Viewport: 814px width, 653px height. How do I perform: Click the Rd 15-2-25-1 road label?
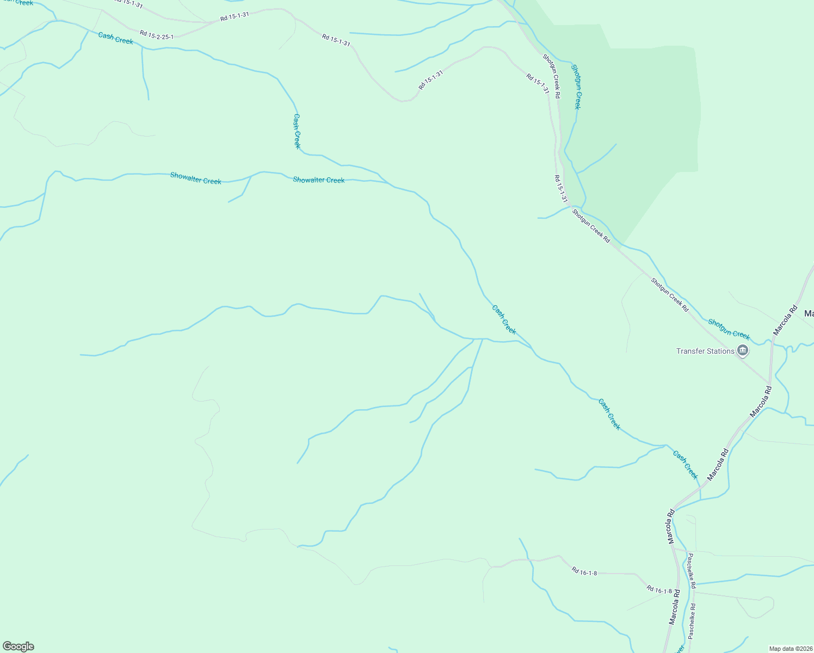point(156,35)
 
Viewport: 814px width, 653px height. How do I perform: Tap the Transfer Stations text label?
point(705,352)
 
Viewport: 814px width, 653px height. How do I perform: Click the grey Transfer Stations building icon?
point(743,350)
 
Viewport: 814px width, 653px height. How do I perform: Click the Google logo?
point(18,646)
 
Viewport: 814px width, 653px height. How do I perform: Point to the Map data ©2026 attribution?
point(790,649)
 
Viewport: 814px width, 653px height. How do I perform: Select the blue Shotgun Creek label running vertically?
point(576,87)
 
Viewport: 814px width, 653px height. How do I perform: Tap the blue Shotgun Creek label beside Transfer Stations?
point(729,329)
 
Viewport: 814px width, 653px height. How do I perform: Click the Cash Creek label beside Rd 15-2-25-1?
point(115,38)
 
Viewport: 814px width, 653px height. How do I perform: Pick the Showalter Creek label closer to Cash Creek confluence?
point(318,180)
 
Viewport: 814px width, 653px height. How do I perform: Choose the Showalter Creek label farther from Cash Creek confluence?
point(195,178)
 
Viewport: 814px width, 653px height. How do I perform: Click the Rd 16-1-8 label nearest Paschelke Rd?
point(659,589)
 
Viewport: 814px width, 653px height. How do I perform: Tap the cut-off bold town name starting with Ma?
point(809,313)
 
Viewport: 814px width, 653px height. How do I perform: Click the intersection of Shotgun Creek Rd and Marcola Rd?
point(769,382)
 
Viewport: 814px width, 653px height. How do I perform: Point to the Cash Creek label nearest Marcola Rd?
point(685,464)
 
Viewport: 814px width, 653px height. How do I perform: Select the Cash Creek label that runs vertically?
point(297,131)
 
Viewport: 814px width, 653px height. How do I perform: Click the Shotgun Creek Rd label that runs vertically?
point(551,76)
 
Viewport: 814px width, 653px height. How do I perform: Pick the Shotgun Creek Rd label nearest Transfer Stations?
point(669,294)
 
